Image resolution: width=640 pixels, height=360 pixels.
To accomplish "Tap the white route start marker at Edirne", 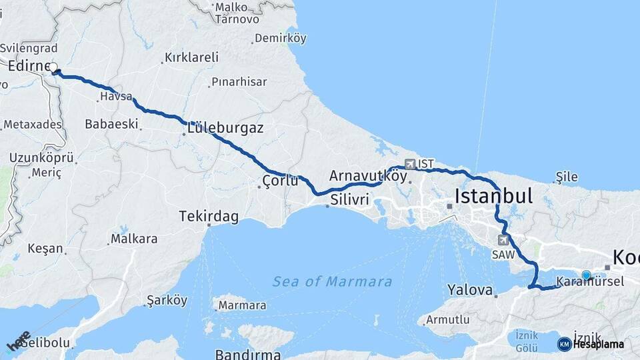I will point(53,67).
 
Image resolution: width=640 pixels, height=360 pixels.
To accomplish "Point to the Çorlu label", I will point(280,181).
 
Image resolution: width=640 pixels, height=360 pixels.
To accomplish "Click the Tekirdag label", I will point(208,217).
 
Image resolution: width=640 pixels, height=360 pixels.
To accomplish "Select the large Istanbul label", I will point(493,195).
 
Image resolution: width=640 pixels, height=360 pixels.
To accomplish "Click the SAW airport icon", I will point(503,240).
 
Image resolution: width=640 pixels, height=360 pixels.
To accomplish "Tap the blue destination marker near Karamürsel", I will point(586,275).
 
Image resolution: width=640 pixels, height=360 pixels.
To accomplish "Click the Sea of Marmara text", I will point(332,281).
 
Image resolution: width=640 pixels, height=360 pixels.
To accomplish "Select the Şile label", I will point(567,177).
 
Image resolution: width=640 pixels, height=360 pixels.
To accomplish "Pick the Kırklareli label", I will point(191,57).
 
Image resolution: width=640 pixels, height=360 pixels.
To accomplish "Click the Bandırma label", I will point(241,353).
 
